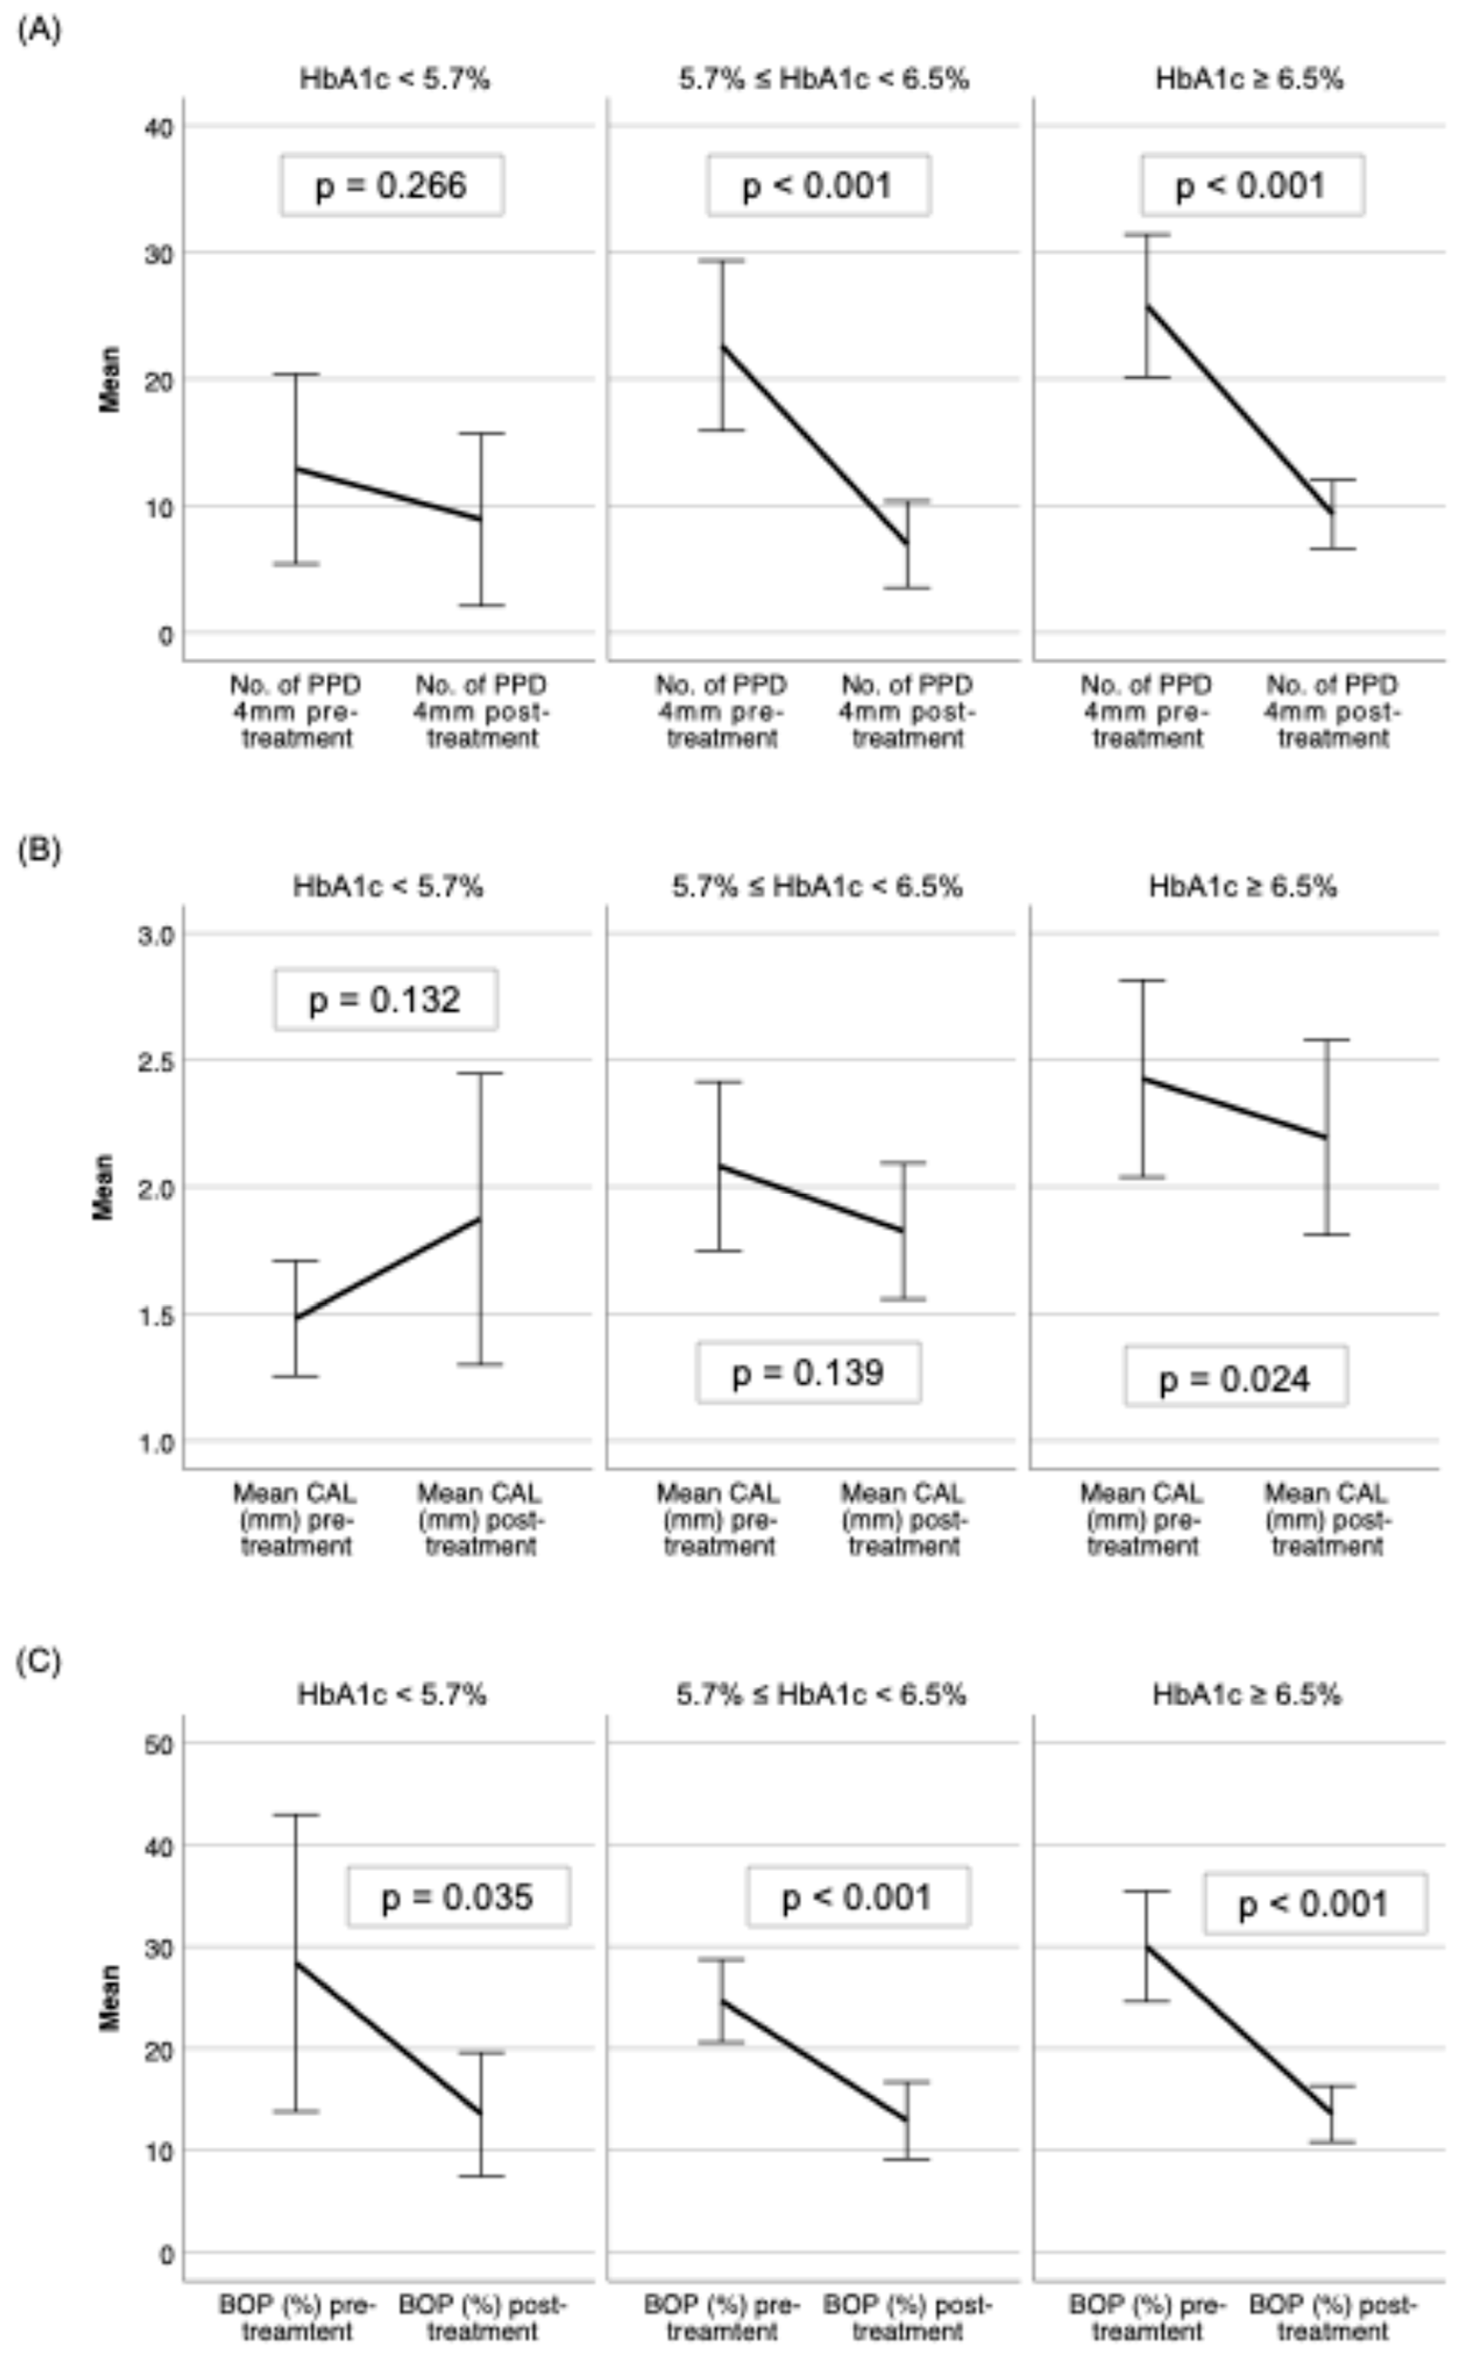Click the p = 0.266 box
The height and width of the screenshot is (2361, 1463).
coord(392,185)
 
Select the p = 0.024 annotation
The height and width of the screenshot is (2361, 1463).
coord(1234,1378)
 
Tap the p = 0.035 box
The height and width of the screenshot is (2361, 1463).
coord(458,1897)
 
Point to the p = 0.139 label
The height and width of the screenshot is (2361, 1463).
coord(808,1373)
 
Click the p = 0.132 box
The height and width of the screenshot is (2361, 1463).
coord(385,999)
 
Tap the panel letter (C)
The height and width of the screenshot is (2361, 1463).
coord(39,1661)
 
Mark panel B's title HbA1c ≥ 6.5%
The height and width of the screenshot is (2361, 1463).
coord(1243,886)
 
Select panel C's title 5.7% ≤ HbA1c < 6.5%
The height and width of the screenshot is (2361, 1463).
coord(821,1695)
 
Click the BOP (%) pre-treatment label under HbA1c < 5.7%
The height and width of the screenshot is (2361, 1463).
coord(296,2318)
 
